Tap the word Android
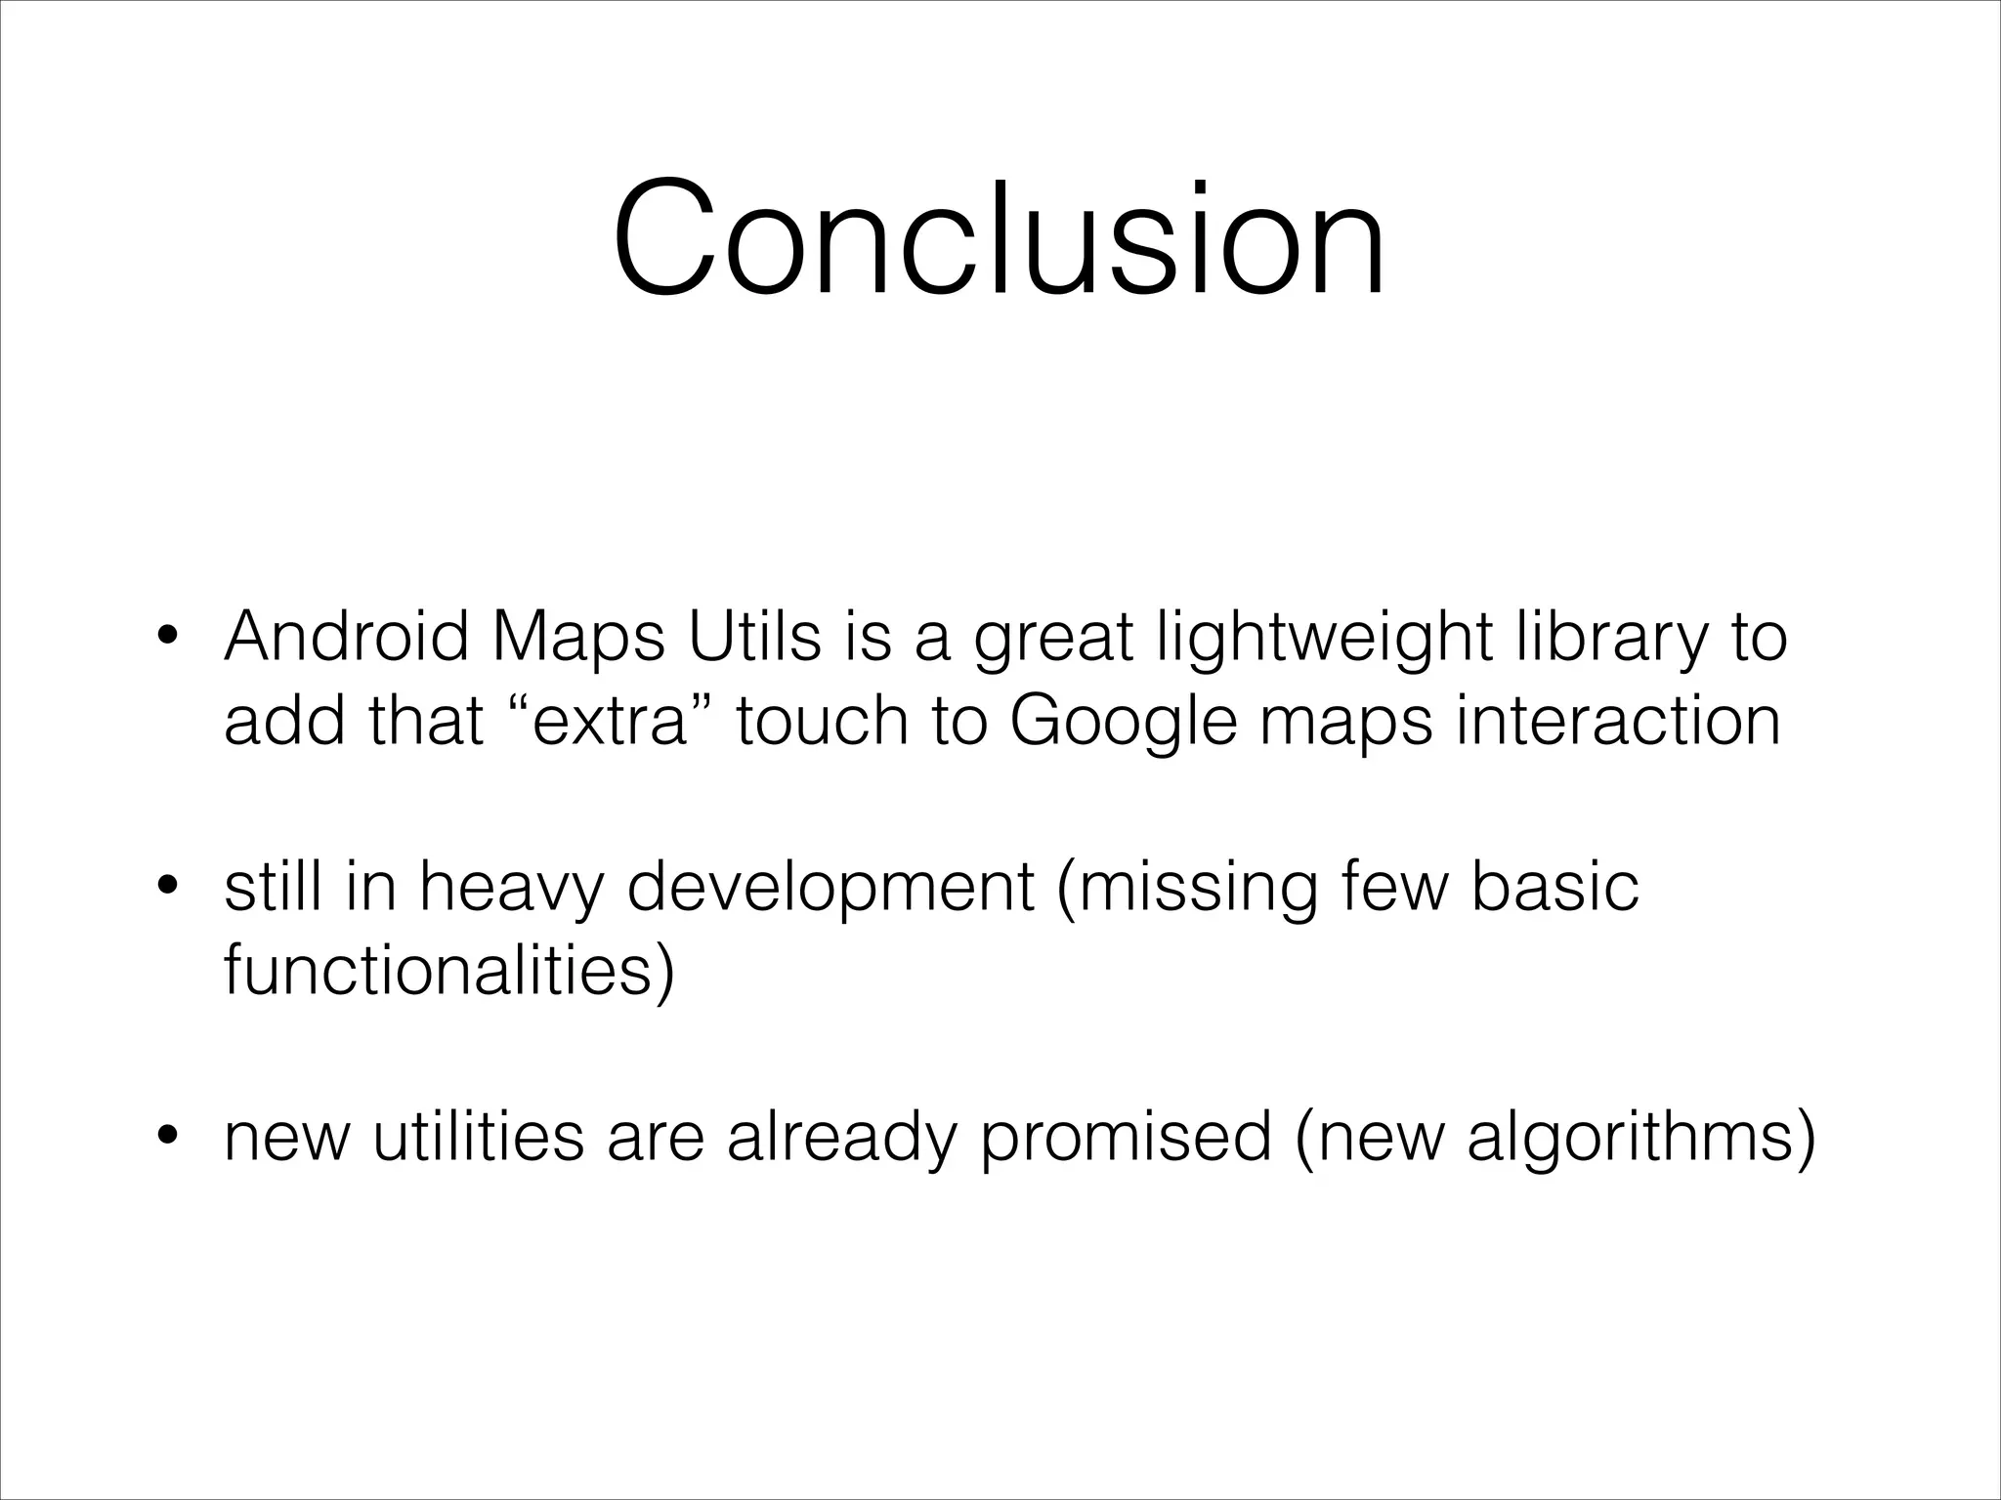pos(347,637)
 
